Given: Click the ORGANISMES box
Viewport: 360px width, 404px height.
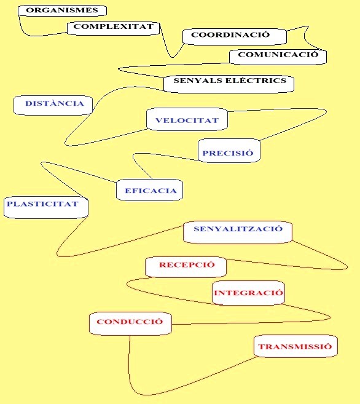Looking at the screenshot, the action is pos(62,10).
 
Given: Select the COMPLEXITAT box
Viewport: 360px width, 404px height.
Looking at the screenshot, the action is pos(114,28).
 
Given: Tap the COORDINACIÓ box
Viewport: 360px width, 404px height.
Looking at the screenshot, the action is pos(235,36).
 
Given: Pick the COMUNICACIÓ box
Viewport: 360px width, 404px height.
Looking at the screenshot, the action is pos(278,57).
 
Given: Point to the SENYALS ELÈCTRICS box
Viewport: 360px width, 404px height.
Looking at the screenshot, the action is pos(229,84).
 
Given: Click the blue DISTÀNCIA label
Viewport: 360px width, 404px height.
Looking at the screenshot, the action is pos(55,103).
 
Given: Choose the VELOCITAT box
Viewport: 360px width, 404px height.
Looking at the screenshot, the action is pos(187,119).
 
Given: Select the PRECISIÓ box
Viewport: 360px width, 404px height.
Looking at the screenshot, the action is pos(229,151).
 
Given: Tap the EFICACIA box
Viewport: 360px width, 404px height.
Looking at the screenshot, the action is pos(149,190).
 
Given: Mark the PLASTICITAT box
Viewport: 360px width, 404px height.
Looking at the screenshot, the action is pos(46,207).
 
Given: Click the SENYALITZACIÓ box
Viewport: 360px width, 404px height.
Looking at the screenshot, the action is pos(238,232).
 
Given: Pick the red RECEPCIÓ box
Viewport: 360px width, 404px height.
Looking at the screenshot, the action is pos(186,267).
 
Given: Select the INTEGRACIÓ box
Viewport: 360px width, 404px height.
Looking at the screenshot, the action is pos(248,293).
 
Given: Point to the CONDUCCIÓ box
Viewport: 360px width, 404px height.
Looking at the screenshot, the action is pos(130,323).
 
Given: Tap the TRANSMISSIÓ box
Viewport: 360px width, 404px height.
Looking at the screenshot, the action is pos(295,346).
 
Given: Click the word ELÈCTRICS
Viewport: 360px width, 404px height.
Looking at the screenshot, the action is pos(256,81).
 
